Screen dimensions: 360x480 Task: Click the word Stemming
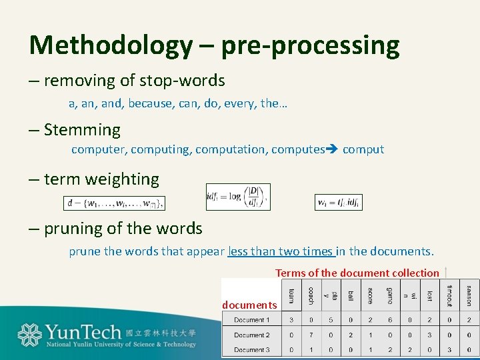pos(82,130)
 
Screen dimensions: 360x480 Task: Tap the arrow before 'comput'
pos(332,149)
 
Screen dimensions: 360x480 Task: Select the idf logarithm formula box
pos(237,197)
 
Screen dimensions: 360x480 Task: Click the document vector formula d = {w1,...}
pos(114,202)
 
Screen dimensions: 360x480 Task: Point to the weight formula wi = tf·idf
pos(339,202)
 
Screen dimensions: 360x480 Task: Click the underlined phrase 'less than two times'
pos(280,251)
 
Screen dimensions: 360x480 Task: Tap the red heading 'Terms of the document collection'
pos(357,273)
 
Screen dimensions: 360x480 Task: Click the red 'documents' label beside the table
pos(249,305)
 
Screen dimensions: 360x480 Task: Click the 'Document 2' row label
pos(252,335)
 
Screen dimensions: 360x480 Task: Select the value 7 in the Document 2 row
pos(311,335)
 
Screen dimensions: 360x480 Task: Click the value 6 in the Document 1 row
pos(390,320)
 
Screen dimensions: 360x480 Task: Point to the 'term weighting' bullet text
pos(101,179)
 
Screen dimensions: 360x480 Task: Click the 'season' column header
pos(469,295)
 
